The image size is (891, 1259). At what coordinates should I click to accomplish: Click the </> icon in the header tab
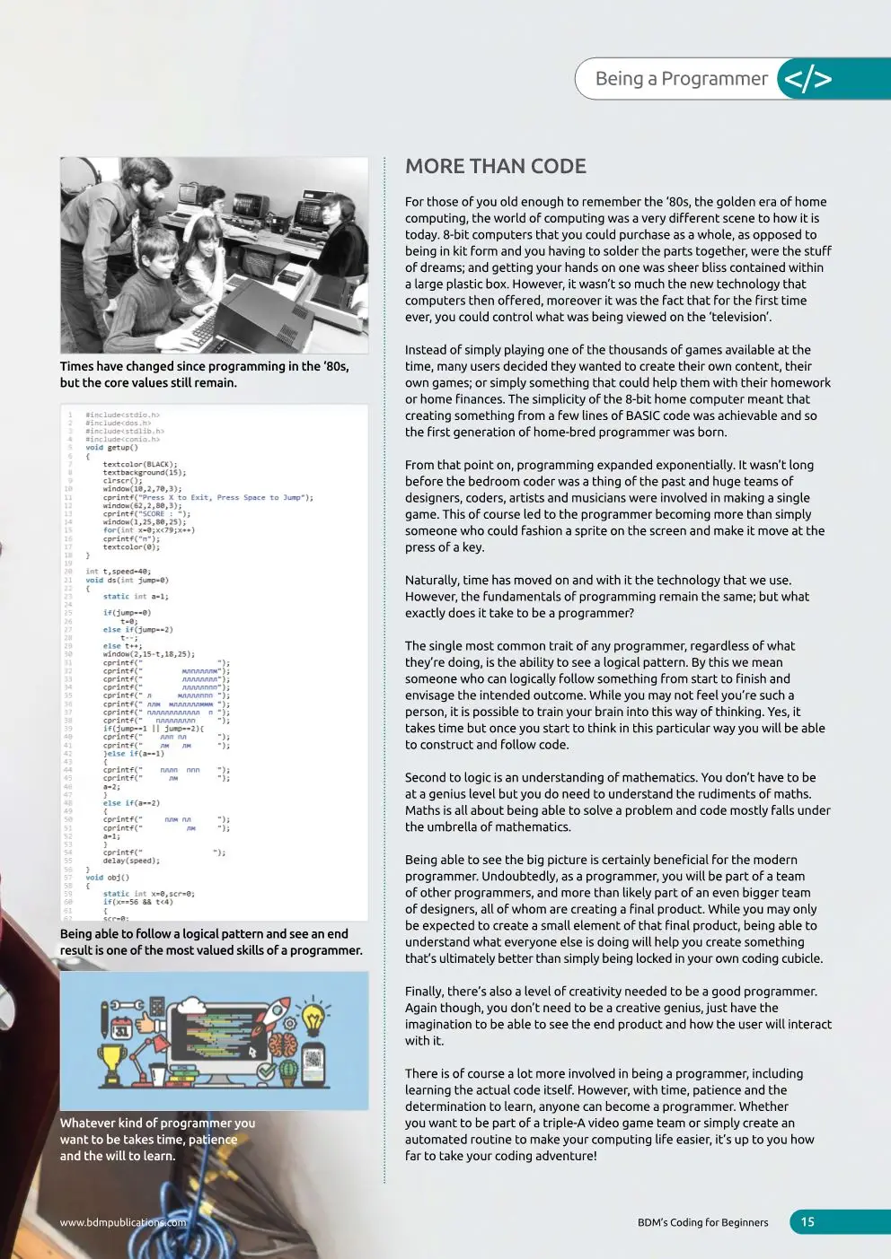807,79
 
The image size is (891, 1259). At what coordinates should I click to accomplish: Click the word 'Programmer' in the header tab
714,79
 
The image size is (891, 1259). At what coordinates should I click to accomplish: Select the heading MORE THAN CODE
496,166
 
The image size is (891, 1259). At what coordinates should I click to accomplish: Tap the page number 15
807,1221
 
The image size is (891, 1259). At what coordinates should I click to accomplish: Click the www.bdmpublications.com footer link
123,1222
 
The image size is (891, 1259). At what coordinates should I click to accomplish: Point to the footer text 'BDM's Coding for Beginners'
702,1222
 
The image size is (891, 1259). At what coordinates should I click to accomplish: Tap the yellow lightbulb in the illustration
313,1018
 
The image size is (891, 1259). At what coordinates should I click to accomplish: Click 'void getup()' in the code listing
111,448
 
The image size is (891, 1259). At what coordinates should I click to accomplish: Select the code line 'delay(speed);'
131,861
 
